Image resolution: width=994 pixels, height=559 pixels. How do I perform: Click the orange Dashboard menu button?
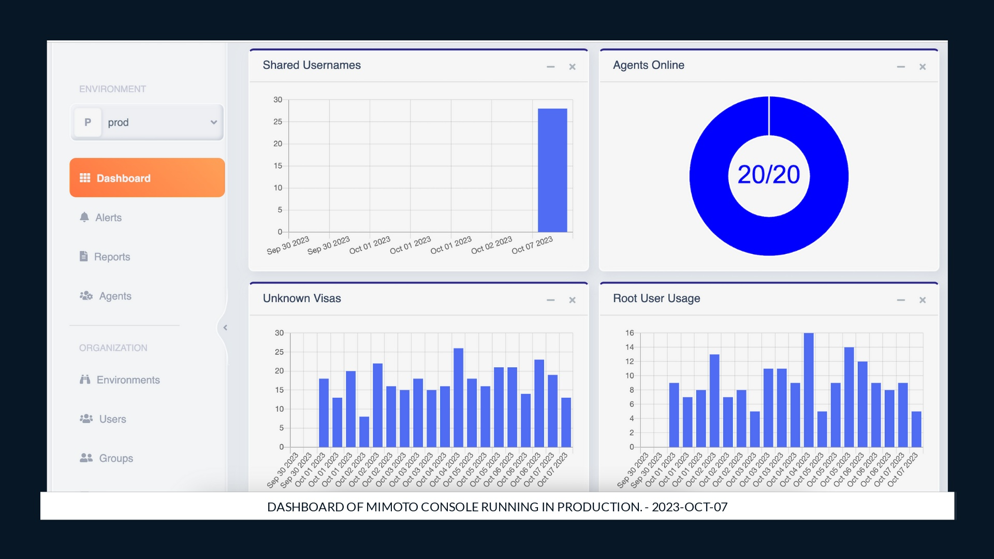point(147,178)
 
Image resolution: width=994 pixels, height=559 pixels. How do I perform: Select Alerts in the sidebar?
point(108,218)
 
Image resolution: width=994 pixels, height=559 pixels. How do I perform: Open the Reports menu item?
point(111,257)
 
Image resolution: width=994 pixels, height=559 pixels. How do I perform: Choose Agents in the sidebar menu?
point(114,296)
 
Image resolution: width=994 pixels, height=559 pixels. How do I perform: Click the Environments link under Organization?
point(127,380)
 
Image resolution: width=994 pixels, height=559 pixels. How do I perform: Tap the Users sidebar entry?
point(112,419)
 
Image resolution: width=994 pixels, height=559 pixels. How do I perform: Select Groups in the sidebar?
point(115,458)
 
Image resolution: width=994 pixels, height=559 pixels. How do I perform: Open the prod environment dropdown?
point(147,123)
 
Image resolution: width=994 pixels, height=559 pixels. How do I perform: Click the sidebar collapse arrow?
point(225,327)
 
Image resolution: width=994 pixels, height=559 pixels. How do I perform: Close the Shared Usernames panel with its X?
point(572,67)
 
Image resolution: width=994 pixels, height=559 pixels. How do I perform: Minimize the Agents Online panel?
point(901,67)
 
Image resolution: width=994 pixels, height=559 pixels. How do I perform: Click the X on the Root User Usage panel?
point(923,300)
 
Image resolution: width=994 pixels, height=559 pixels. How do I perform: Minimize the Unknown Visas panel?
point(550,300)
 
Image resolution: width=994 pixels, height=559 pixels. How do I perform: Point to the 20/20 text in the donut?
point(769,175)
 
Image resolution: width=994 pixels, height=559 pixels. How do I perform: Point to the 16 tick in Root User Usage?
point(630,333)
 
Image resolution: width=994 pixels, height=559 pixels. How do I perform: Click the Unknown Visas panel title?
point(302,298)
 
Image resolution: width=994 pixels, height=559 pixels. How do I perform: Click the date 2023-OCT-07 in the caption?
point(690,507)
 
